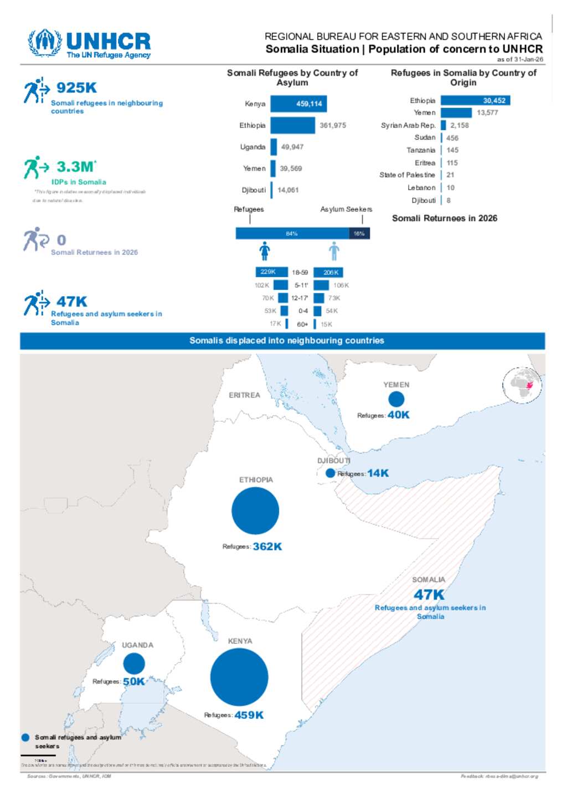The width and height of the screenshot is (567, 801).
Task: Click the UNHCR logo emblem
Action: [x=45, y=43]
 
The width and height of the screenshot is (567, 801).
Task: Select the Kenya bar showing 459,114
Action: [x=298, y=104]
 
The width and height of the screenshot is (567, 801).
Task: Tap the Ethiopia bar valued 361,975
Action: [x=292, y=125]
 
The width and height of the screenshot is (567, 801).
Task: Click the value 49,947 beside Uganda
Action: [x=292, y=147]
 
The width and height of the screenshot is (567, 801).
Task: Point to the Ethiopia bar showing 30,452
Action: [x=475, y=100]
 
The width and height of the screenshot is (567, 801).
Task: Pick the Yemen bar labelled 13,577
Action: [x=456, y=113]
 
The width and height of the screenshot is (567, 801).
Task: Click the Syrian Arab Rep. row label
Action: [x=408, y=125]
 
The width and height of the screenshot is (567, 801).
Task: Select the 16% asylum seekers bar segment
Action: [x=359, y=233]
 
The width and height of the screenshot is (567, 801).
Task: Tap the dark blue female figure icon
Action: [x=265, y=251]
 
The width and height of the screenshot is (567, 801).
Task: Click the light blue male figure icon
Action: [x=334, y=251]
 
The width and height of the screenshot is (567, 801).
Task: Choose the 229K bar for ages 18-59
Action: [x=271, y=272]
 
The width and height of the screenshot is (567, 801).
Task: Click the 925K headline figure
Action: [x=76, y=88]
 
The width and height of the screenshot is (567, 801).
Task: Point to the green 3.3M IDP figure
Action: [x=76, y=167]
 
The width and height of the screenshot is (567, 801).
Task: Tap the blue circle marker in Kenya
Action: [x=239, y=677]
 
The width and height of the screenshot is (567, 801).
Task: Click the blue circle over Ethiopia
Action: [x=255, y=511]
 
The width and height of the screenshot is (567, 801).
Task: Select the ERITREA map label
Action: [x=244, y=395]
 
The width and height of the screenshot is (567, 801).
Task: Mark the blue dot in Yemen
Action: [x=396, y=399]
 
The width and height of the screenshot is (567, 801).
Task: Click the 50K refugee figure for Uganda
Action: [x=133, y=681]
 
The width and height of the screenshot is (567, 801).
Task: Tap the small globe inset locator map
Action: [x=522, y=385]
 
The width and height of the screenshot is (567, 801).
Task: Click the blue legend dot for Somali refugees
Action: [x=25, y=737]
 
